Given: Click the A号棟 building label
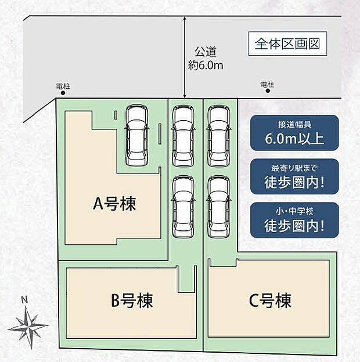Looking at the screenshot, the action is tap(114, 204).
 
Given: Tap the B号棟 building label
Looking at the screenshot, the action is tap(132, 301).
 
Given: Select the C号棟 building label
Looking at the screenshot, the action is tap(270, 301).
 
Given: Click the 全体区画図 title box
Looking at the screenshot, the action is tap(287, 44).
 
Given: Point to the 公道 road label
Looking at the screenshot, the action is tap(206, 52).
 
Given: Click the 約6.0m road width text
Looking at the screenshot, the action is tap(206, 66).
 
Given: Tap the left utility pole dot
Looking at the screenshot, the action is tap(63, 93).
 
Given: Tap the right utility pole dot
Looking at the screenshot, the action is tap(268, 91).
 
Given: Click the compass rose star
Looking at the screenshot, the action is tap(28, 327).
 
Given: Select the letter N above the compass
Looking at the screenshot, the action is tap(24, 300).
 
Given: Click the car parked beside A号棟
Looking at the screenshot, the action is tap(136, 135).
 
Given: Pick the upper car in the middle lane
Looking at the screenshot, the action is tap(183, 136).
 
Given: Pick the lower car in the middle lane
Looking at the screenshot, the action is tap(183, 207).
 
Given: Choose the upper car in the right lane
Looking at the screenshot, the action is tap(218, 136).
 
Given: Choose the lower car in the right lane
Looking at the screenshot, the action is tap(218, 207).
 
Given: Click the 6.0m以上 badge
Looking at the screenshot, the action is tap(294, 133).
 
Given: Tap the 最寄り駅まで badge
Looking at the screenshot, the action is tap(294, 176).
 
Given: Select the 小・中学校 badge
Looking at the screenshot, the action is tap(294, 220).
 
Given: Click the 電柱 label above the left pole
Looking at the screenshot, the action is tap(63, 86).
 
